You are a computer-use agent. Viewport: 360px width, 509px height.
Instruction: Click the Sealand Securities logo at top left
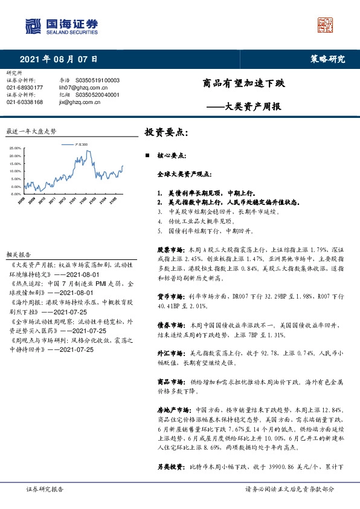(x=60, y=25)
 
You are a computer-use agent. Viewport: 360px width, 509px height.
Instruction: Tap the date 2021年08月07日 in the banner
(x=59, y=59)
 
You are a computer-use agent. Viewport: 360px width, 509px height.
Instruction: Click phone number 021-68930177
(x=25, y=88)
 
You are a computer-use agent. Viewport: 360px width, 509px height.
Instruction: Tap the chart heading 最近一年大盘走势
(x=31, y=131)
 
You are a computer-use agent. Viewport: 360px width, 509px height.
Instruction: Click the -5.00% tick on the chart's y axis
(x=16, y=194)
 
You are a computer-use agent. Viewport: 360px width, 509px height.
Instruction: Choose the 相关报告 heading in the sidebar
(x=18, y=256)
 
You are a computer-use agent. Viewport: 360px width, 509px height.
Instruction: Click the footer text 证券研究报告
(x=45, y=489)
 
